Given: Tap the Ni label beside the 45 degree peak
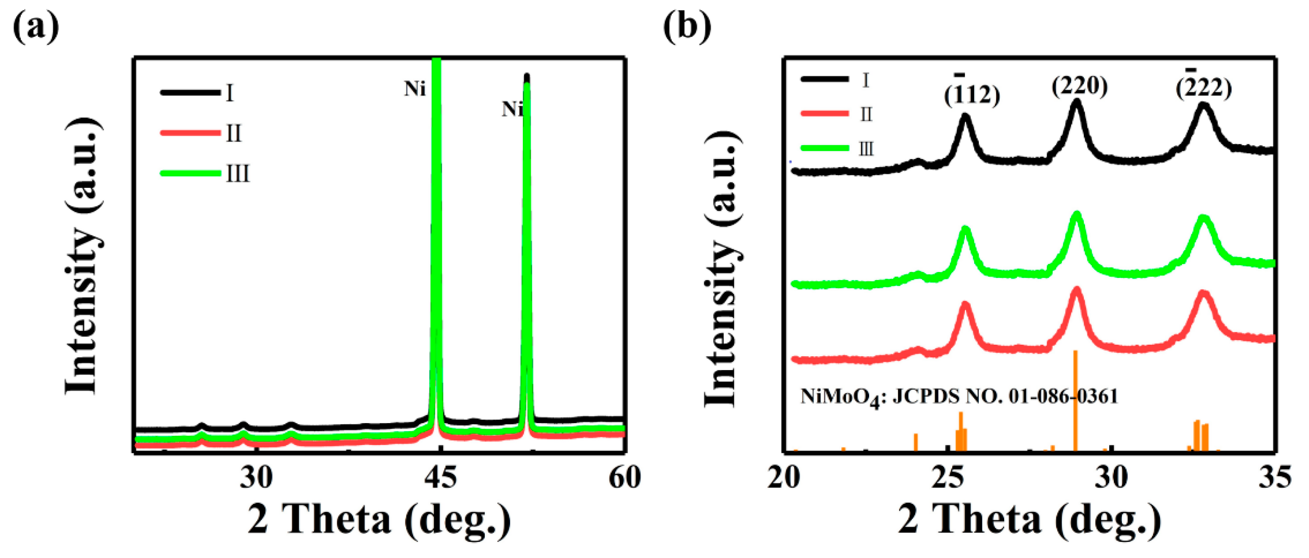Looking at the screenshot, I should coord(414,89).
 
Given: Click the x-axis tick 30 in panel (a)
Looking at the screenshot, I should coord(256,478).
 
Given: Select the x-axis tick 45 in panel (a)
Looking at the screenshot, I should coord(440,478).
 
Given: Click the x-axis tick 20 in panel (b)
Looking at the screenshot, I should coord(784,478).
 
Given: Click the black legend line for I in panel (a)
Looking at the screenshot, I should coord(190,92).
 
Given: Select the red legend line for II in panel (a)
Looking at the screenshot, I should coord(190,133).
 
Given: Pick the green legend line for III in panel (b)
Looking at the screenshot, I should coord(825,148).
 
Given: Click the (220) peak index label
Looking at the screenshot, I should coord(1079,86).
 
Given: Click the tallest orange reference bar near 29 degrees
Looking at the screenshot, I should coord(1075,401).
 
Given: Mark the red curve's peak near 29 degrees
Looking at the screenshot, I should coord(1076,290).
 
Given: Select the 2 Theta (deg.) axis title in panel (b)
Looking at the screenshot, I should coord(1030,519).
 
